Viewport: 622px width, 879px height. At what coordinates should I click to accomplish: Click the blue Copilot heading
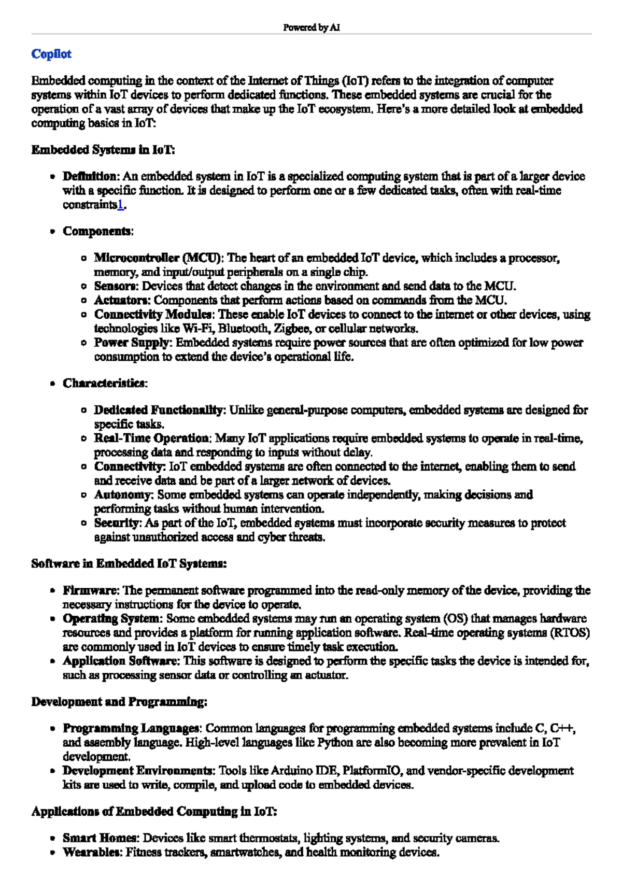pyautogui.click(x=51, y=54)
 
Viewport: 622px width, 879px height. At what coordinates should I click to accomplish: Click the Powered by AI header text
pyautogui.click(x=311, y=27)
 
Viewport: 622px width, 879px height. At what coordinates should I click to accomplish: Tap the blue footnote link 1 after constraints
pyautogui.click(x=120, y=205)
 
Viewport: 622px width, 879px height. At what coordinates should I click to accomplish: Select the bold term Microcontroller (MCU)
pyautogui.click(x=159, y=258)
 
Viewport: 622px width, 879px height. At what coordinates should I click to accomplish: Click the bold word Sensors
pyautogui.click(x=116, y=286)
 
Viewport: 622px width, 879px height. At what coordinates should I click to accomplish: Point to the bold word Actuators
pyautogui.click(x=122, y=300)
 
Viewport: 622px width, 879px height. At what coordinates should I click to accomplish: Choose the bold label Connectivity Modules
pyautogui.click(x=153, y=315)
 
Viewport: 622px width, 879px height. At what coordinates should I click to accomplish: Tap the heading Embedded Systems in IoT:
pyautogui.click(x=103, y=150)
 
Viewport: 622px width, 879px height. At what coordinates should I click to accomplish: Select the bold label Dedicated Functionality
pyautogui.click(x=159, y=410)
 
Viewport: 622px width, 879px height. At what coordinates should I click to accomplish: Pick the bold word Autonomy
pyautogui.click(x=123, y=495)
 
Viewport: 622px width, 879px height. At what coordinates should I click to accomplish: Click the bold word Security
pyautogui.click(x=117, y=523)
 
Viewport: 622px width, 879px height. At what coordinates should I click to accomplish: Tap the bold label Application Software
pyautogui.click(x=121, y=661)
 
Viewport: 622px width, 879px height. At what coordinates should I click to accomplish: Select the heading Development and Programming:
pyautogui.click(x=119, y=702)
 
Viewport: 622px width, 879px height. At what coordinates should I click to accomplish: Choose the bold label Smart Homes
pyautogui.click(x=101, y=838)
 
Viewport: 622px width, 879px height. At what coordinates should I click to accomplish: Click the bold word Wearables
pyautogui.click(x=92, y=852)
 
